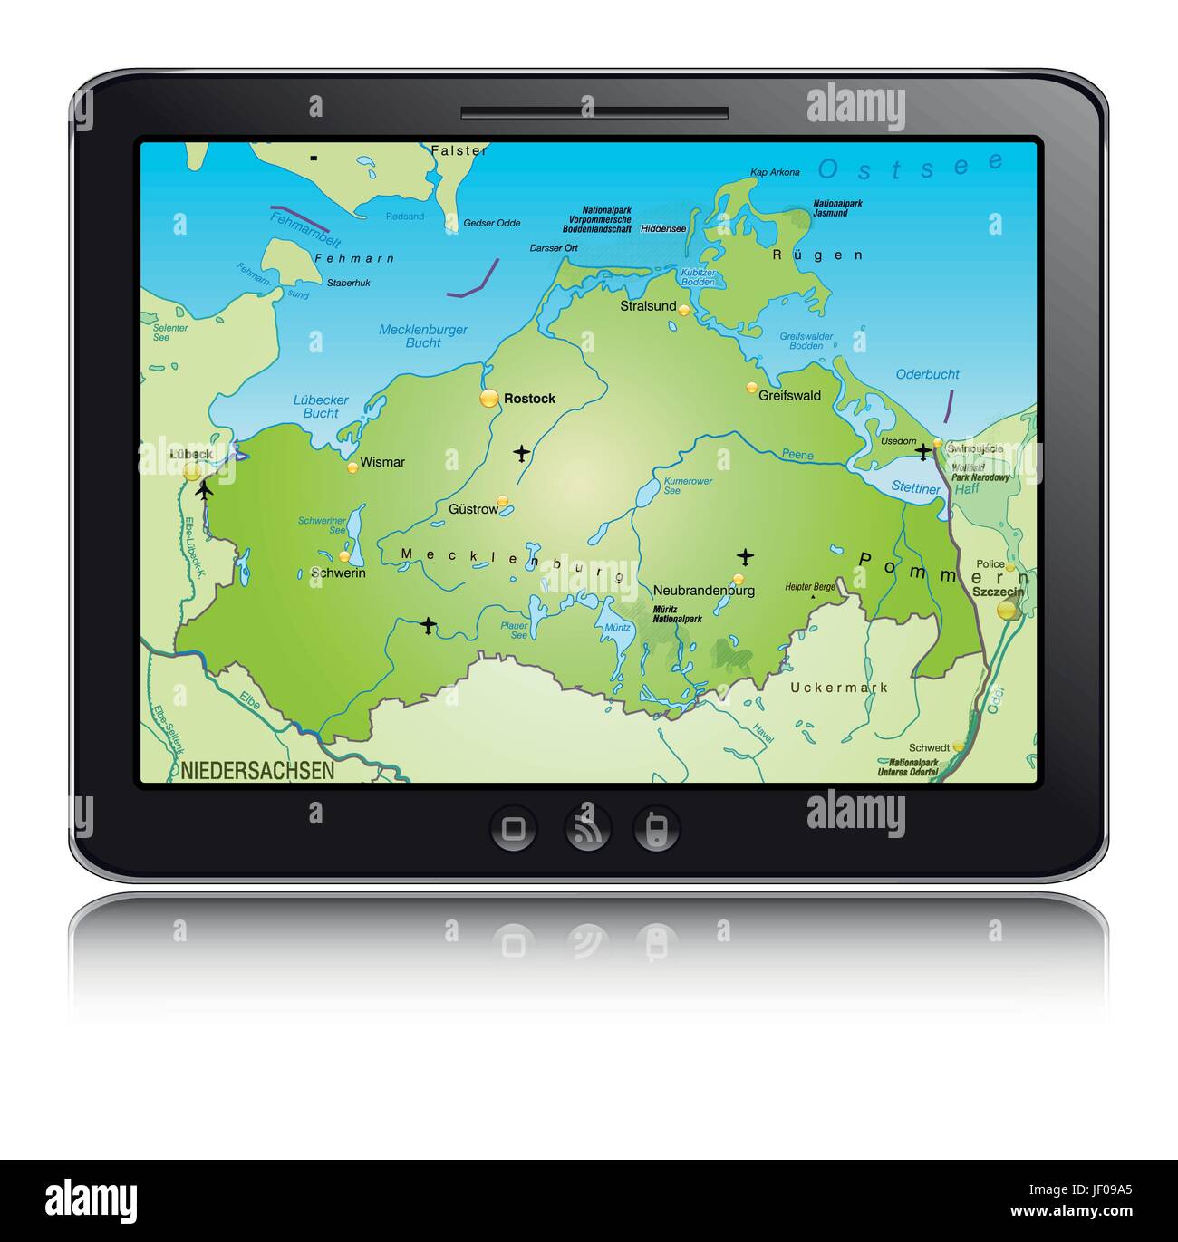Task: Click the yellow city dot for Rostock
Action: pyautogui.click(x=489, y=398)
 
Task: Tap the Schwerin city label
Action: pyautogui.click(x=338, y=573)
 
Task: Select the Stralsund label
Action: pyautogui.click(x=648, y=306)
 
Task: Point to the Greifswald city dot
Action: pyautogui.click(x=751, y=388)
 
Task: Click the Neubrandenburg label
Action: pyautogui.click(x=704, y=591)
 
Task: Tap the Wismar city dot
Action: pyautogui.click(x=352, y=467)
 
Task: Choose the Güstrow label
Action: pyautogui.click(x=473, y=509)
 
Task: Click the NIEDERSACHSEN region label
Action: pyautogui.click(x=257, y=771)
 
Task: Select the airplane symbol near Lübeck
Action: pyautogui.click(x=204, y=490)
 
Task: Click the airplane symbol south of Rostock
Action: pyautogui.click(x=521, y=452)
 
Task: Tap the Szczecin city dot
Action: pyautogui.click(x=1007, y=610)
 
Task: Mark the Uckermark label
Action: pyautogui.click(x=839, y=688)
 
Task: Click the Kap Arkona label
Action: pyautogui.click(x=775, y=172)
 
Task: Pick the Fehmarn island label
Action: pyautogui.click(x=354, y=258)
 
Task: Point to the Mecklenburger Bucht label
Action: pyautogui.click(x=423, y=336)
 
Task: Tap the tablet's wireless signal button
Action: pyautogui.click(x=587, y=828)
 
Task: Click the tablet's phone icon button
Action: pyautogui.click(x=656, y=828)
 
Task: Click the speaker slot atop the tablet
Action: pyautogui.click(x=594, y=113)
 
